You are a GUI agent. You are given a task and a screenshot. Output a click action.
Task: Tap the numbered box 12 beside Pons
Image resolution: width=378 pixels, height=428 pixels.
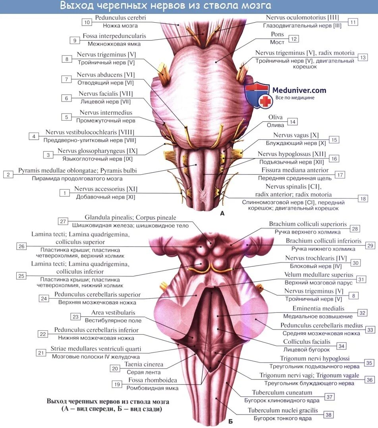(294, 39)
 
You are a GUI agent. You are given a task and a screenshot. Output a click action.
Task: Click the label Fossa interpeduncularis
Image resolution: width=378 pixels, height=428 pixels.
(114, 36)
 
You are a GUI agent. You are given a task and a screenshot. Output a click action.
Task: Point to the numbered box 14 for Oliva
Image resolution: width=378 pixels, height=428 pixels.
(293, 122)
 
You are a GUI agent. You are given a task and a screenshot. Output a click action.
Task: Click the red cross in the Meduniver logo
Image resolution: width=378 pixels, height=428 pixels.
(265, 101)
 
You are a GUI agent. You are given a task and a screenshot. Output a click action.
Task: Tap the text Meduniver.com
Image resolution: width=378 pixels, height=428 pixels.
(299, 90)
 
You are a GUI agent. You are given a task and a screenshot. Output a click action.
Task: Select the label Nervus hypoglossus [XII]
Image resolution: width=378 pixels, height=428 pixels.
(291, 154)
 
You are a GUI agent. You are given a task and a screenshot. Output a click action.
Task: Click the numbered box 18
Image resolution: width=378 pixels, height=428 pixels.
(363, 199)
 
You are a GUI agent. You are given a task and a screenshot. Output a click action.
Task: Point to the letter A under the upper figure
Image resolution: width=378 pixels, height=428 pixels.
(222, 213)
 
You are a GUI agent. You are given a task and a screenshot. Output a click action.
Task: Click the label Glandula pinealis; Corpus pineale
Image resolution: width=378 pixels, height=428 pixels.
(130, 218)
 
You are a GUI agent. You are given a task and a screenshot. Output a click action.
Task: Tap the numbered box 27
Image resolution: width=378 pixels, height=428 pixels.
(63, 221)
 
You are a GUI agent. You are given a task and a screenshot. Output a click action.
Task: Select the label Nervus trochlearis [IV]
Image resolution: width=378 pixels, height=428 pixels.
(316, 258)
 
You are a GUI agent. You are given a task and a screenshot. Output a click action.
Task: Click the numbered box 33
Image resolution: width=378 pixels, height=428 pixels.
(370, 330)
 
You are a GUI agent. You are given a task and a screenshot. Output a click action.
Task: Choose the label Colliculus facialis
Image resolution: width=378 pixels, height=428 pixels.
(307, 341)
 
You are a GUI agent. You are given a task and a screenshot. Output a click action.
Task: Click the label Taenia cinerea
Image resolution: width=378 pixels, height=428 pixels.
(143, 364)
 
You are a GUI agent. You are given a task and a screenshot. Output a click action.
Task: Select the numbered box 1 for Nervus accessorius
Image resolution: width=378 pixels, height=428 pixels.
(64, 193)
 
